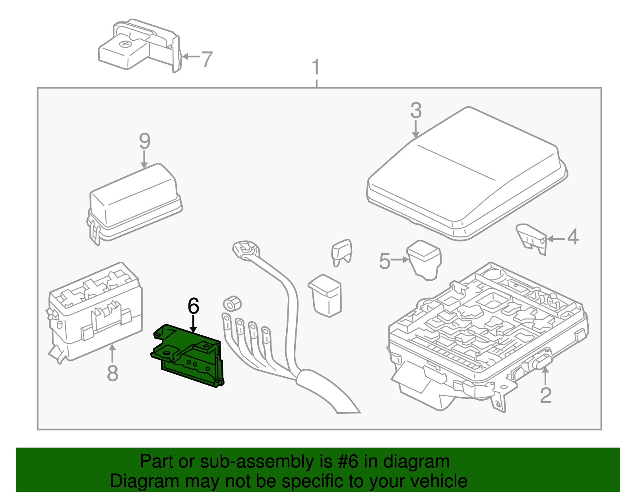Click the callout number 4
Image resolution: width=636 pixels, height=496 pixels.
pyautogui.click(x=573, y=237)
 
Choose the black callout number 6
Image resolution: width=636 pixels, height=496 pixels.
pyautogui.click(x=193, y=306)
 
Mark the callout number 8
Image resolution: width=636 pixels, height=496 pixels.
pyautogui.click(x=112, y=373)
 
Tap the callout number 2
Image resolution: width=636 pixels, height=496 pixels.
pyautogui.click(x=546, y=395)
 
